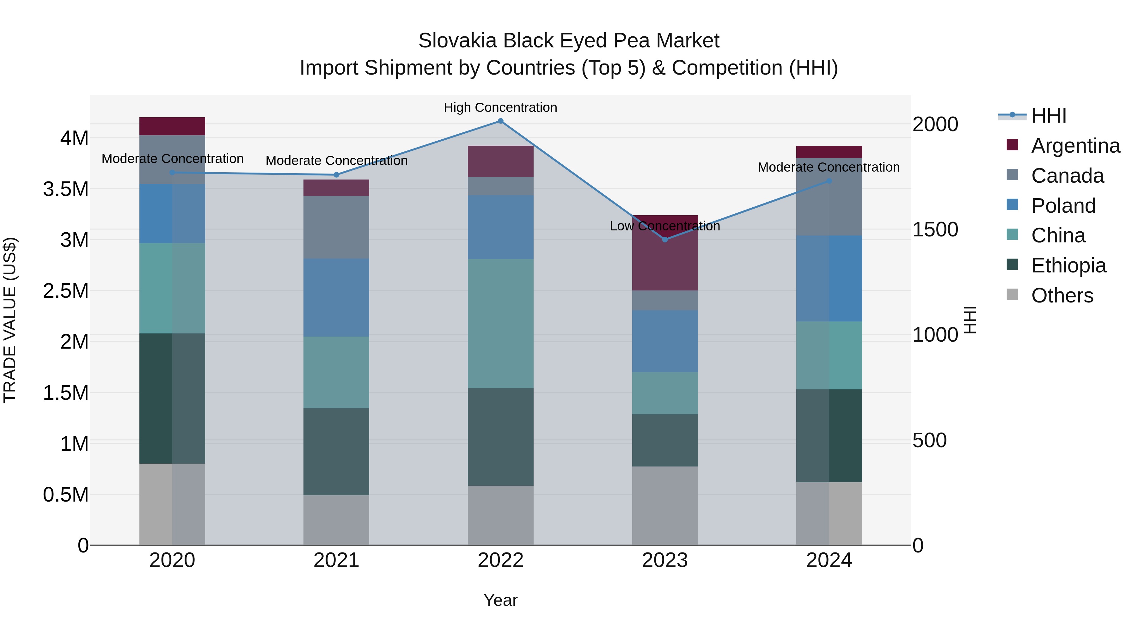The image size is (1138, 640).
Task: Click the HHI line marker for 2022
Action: pyautogui.click(x=500, y=121)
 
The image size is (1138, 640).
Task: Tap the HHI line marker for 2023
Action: pyautogui.click(x=665, y=239)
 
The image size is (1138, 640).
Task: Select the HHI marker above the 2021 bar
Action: pyautogui.click(x=336, y=175)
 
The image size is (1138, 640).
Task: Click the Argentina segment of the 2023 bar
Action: pyautogui.click(x=665, y=261)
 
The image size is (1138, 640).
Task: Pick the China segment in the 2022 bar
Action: pyautogui.click(x=500, y=323)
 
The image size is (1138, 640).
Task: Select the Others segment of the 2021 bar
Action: pyautogui.click(x=336, y=520)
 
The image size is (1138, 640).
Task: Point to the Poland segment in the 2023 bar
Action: pyautogui.click(x=665, y=341)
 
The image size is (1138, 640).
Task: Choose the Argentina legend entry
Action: pyautogui.click(x=1075, y=146)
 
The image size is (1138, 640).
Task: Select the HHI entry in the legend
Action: pyautogui.click(x=1049, y=116)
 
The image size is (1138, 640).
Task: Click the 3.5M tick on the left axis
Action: pyautogui.click(x=65, y=189)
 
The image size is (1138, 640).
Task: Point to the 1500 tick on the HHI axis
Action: pyautogui.click(x=935, y=230)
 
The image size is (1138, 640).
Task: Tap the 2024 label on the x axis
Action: pyautogui.click(x=829, y=560)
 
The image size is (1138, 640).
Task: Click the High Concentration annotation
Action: pyautogui.click(x=500, y=107)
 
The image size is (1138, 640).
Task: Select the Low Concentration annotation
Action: pyautogui.click(x=665, y=226)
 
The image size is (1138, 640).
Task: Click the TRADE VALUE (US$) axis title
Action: pyautogui.click(x=10, y=320)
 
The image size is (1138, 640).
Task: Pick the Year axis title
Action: pyautogui.click(x=500, y=600)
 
